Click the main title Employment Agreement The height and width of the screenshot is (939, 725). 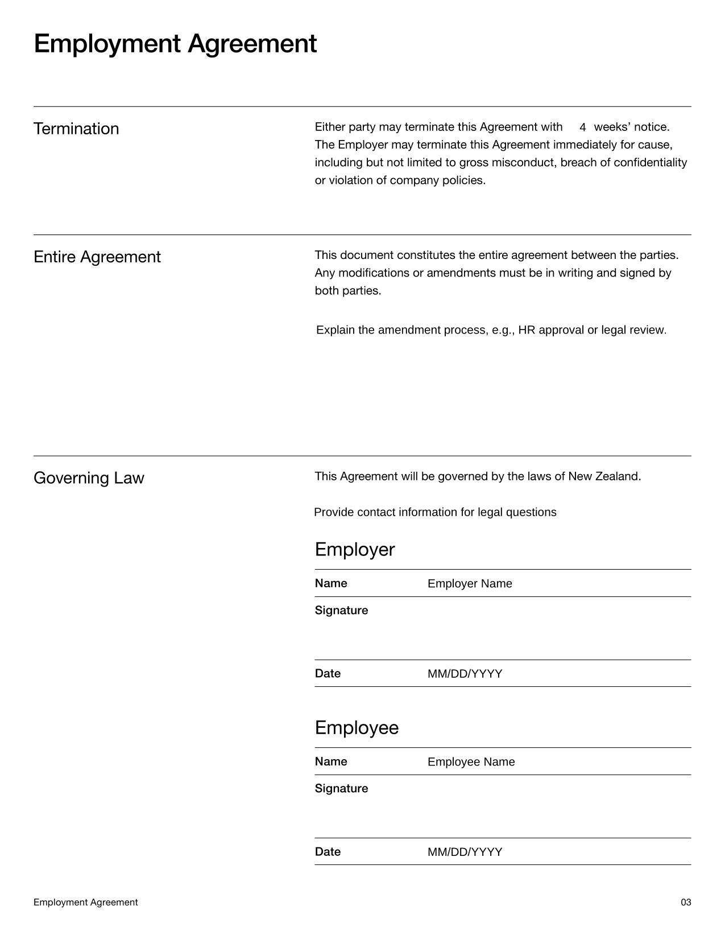[175, 44]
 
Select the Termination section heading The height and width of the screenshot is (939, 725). [76, 129]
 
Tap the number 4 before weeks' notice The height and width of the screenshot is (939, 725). [583, 127]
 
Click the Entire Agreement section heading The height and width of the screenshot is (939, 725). [97, 257]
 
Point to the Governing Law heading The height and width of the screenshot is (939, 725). [89, 478]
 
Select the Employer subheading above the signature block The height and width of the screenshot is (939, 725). [355, 550]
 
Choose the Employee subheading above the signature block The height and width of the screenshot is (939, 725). [357, 728]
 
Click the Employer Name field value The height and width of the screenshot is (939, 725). [470, 584]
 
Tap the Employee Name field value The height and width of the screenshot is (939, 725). [471, 762]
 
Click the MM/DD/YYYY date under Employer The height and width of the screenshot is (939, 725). [465, 674]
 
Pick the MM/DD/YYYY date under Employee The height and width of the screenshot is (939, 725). [465, 852]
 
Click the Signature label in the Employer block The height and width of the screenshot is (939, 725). [341, 611]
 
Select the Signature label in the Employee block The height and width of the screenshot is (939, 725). [341, 789]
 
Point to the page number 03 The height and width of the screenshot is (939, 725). [686, 903]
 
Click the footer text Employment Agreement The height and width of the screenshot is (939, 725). [85, 903]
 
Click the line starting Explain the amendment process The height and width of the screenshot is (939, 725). [491, 330]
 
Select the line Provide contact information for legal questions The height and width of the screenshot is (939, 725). [435, 512]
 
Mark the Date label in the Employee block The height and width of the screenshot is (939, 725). [328, 852]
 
